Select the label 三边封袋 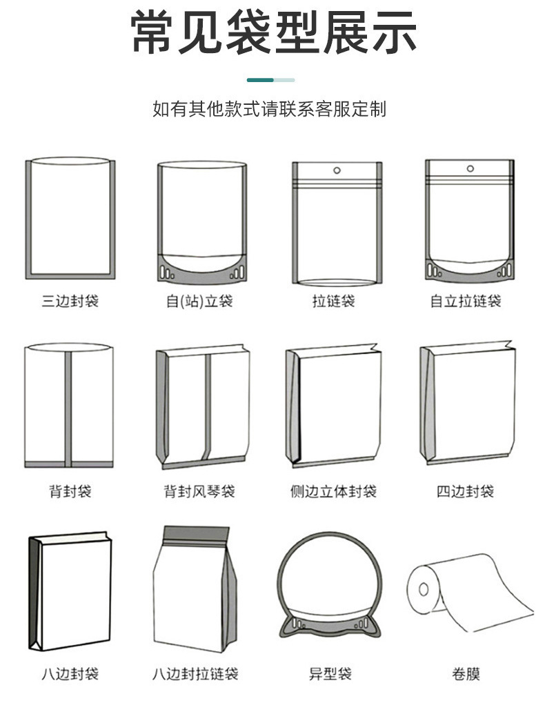pos(70,301)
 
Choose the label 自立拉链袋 pos(466,301)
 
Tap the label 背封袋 pos(70,491)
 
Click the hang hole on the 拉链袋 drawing pos(337,170)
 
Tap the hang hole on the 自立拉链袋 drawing pos(470,168)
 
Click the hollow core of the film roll pos(423,588)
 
